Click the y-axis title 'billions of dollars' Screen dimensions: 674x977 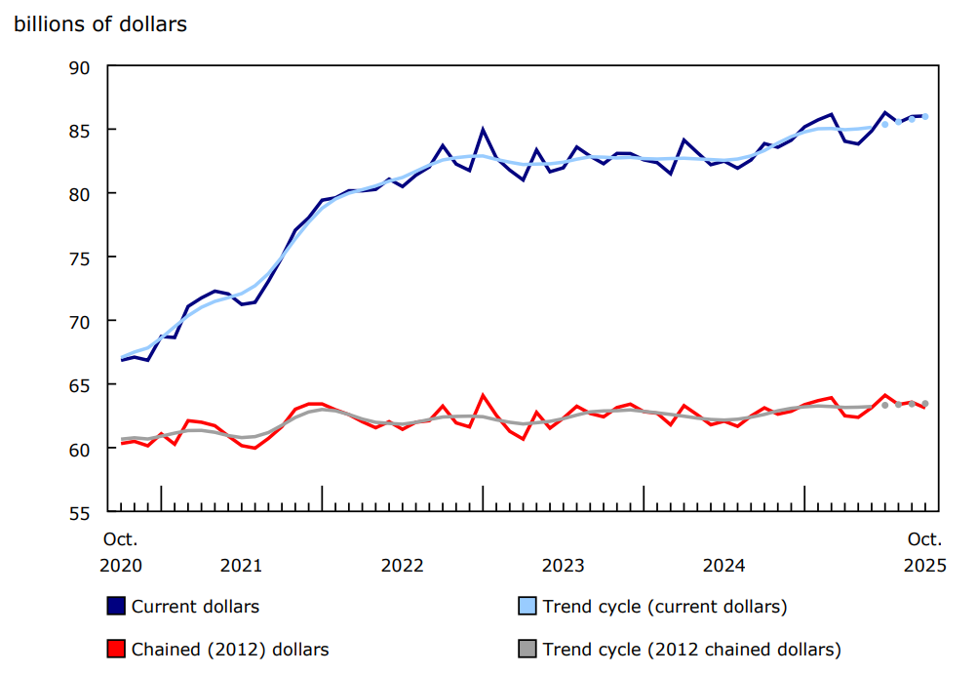100,24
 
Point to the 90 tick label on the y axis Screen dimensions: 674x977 80,67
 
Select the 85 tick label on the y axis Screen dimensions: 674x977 80,131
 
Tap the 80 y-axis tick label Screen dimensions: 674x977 80,194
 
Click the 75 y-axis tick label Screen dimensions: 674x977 80,258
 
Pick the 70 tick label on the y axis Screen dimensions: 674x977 80,321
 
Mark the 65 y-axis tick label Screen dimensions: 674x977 80,385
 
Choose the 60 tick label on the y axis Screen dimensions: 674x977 80,449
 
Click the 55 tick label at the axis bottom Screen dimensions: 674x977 80,512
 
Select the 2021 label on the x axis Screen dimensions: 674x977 241,566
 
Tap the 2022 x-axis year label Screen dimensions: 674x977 402,566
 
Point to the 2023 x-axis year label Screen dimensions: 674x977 563,566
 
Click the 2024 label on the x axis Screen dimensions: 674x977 724,566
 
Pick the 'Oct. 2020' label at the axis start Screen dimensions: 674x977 121,552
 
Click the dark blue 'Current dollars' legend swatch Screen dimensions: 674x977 115,607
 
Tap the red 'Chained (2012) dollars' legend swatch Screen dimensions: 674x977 115,649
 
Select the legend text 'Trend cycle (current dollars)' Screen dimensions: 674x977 664,607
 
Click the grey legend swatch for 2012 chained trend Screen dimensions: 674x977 527,649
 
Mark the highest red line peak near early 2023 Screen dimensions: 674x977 483,395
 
